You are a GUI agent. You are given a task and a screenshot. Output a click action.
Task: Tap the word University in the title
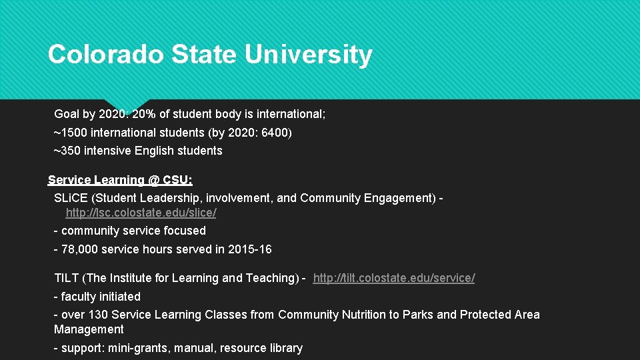point(309,55)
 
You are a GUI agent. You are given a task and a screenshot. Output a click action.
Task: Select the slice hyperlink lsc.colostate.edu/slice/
point(141,213)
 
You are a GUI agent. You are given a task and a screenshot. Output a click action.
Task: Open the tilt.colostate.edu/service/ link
point(393,278)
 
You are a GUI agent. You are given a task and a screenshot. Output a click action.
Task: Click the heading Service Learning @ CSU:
point(120,180)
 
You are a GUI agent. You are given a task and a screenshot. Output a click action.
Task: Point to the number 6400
point(275,133)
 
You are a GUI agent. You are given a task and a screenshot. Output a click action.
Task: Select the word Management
point(89,329)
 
